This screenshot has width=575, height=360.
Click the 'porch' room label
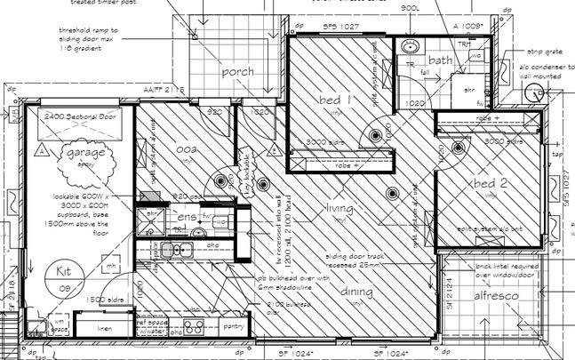tap(237, 72)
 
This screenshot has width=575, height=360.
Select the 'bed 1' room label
tap(334, 101)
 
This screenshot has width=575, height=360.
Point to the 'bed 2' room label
tap(490, 183)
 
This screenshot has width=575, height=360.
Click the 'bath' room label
tap(441, 60)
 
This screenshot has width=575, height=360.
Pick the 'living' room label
tap(339, 208)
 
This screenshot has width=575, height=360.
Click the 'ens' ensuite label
tap(187, 216)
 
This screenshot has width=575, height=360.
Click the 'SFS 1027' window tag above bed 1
tap(340, 28)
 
